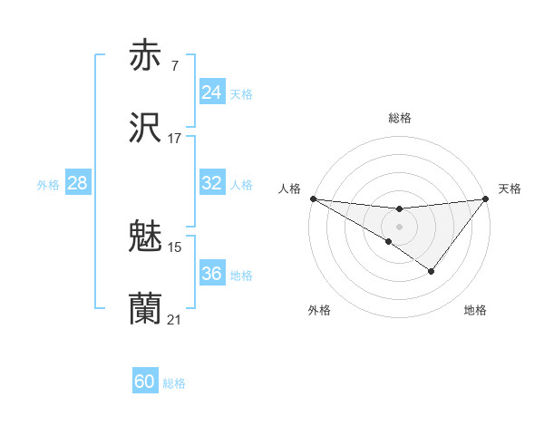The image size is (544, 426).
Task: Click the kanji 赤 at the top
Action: [x=146, y=55]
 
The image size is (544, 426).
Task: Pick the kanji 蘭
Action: [x=146, y=309]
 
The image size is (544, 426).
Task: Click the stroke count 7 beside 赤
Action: [x=174, y=66]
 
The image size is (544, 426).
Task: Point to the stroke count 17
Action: [x=174, y=139]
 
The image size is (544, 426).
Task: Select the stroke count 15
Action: [x=175, y=247]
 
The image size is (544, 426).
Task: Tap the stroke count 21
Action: [x=174, y=320]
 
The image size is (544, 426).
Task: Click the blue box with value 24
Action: [x=212, y=92]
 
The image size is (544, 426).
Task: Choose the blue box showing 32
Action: [x=212, y=183]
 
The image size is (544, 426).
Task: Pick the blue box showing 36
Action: [x=212, y=274]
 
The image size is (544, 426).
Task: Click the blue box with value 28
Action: [x=78, y=183]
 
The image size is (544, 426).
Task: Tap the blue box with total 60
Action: [x=145, y=382]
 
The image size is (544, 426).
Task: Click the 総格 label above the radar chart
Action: [x=400, y=118]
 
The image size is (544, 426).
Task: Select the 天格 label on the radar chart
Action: [x=510, y=189]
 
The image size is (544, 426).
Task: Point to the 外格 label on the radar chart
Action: [x=319, y=310]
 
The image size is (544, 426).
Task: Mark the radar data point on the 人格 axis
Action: [x=313, y=198]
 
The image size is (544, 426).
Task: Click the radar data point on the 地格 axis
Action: [x=432, y=271]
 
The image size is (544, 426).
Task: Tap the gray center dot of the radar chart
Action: [x=399, y=227]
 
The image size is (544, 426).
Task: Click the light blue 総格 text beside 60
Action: [x=174, y=383]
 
